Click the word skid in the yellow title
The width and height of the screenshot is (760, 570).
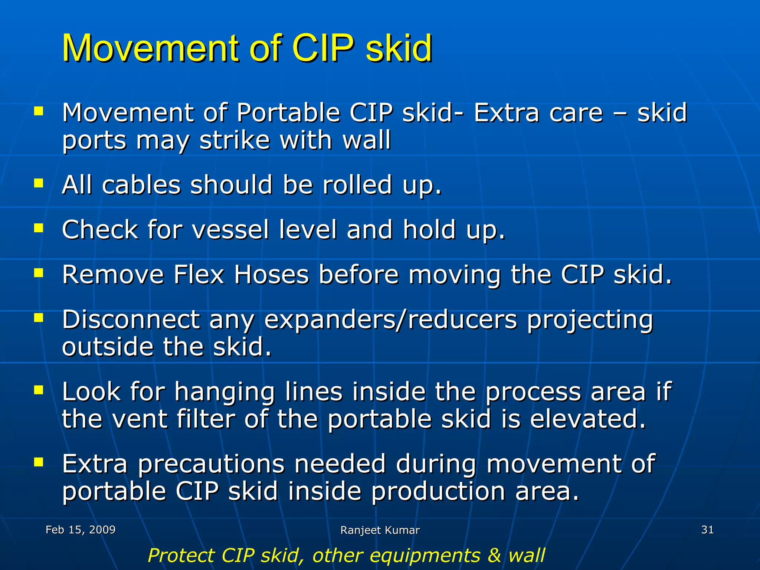coord(399,48)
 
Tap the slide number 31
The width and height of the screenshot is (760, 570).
coord(707,530)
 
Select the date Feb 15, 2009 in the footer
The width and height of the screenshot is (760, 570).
coord(81,530)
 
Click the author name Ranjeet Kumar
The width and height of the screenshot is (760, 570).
coord(380,530)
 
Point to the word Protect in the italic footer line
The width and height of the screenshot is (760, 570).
coord(181,556)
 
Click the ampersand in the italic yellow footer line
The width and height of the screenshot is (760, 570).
coord(494,556)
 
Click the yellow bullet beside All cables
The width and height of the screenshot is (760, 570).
coord(39,183)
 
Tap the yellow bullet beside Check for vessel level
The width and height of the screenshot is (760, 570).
coord(39,227)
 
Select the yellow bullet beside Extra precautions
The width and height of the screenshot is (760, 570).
coord(39,462)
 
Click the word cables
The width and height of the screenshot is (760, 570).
coord(141,185)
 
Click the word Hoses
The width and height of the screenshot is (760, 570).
coord(271,275)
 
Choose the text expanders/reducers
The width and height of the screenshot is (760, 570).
coord(390,320)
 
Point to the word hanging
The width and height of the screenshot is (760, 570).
coord(225,392)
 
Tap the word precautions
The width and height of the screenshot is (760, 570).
coord(211,465)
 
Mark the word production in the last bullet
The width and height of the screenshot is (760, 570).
coord(438,492)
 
